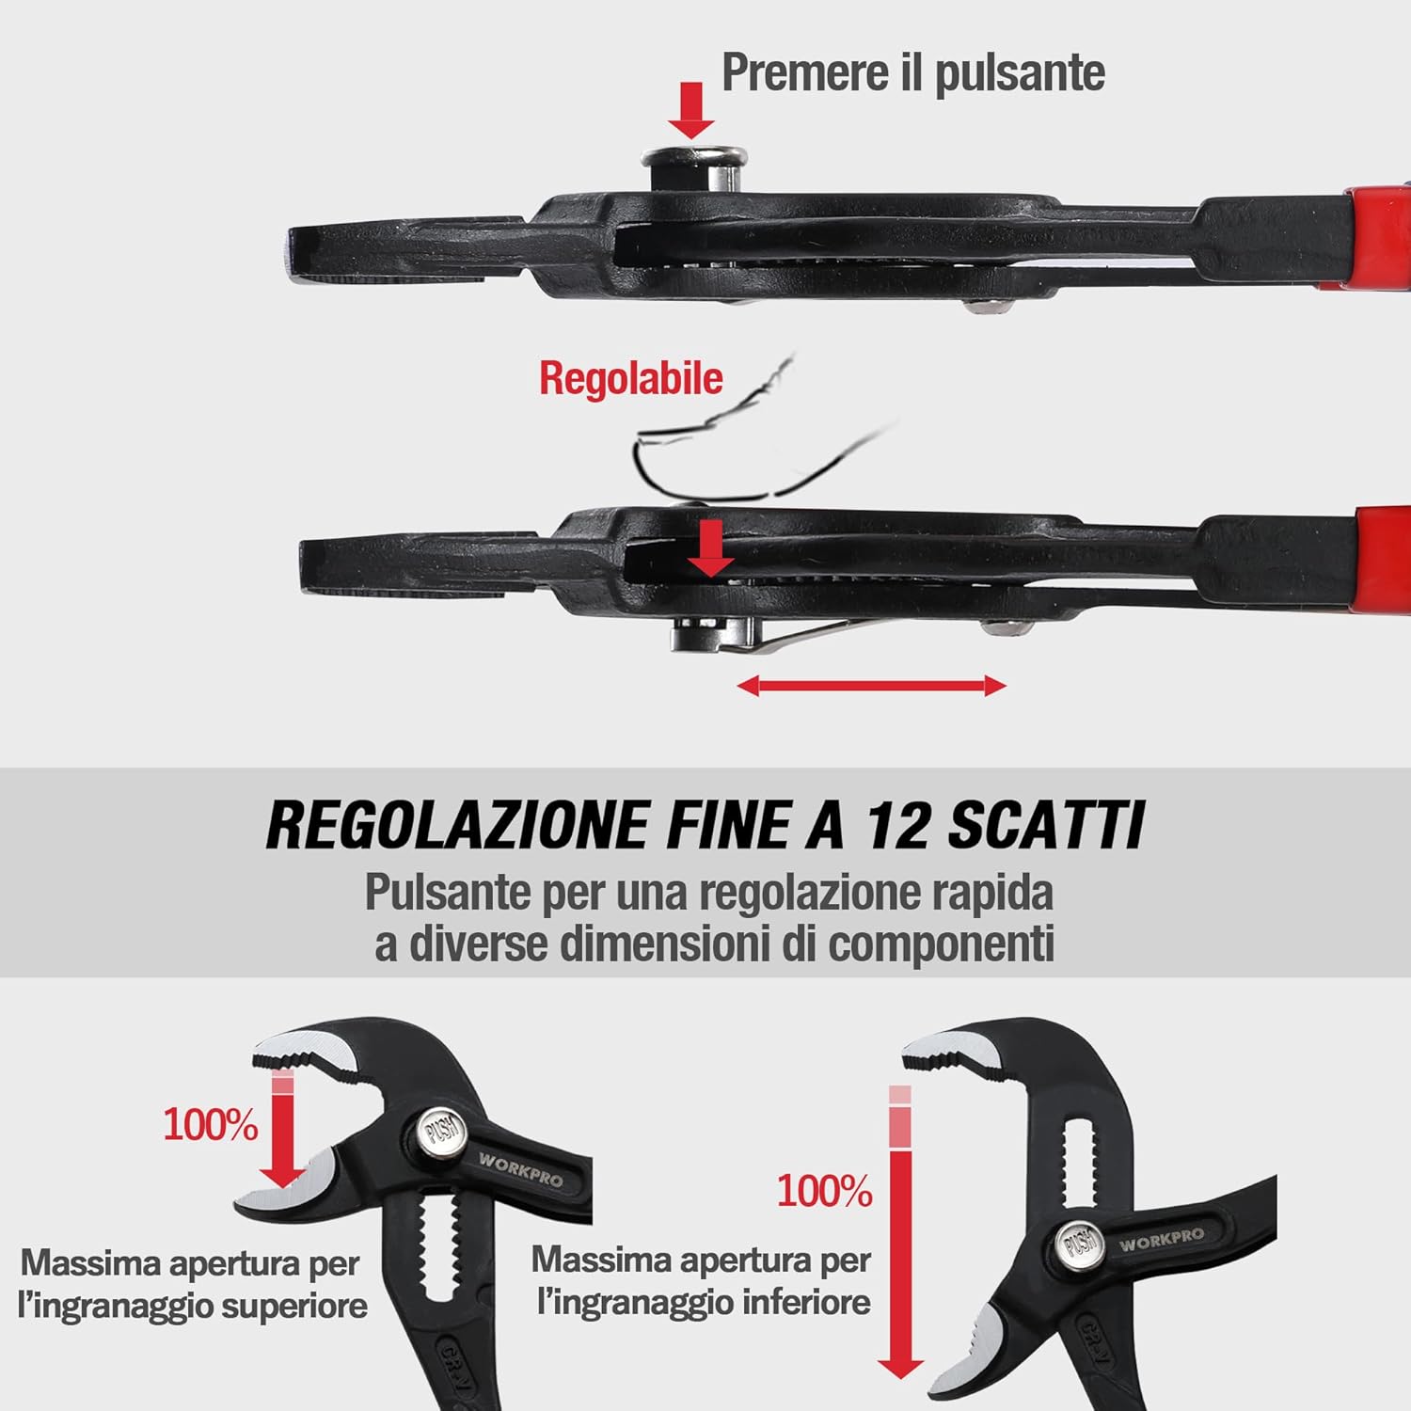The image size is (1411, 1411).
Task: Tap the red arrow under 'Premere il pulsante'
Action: [x=690, y=109]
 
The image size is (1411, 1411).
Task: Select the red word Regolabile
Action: [x=630, y=378]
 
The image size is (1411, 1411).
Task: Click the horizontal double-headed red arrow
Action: [x=871, y=686]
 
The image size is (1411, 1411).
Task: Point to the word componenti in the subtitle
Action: [x=941, y=943]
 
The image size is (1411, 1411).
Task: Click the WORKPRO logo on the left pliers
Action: [x=520, y=1169]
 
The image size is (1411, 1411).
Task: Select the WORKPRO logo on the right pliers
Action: [x=1161, y=1239]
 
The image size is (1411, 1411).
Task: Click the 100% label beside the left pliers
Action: [x=210, y=1124]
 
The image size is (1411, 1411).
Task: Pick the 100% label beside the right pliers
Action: [x=824, y=1192]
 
